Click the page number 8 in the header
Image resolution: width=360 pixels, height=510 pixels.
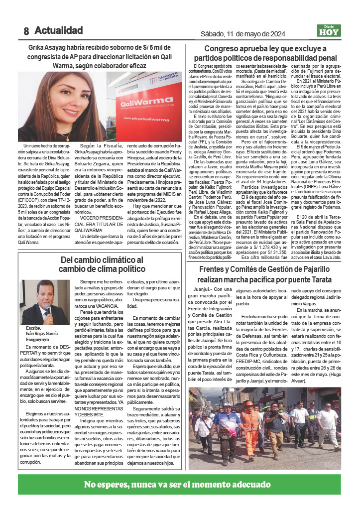tap(26, 31)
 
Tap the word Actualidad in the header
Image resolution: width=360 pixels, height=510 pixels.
tap(58, 30)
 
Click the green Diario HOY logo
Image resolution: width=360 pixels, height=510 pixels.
tap(329, 31)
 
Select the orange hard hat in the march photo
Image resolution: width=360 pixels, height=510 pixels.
tap(249, 404)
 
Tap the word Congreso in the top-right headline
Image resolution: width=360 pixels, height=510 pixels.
tap(224, 49)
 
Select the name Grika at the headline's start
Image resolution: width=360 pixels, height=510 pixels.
tap(42, 48)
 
